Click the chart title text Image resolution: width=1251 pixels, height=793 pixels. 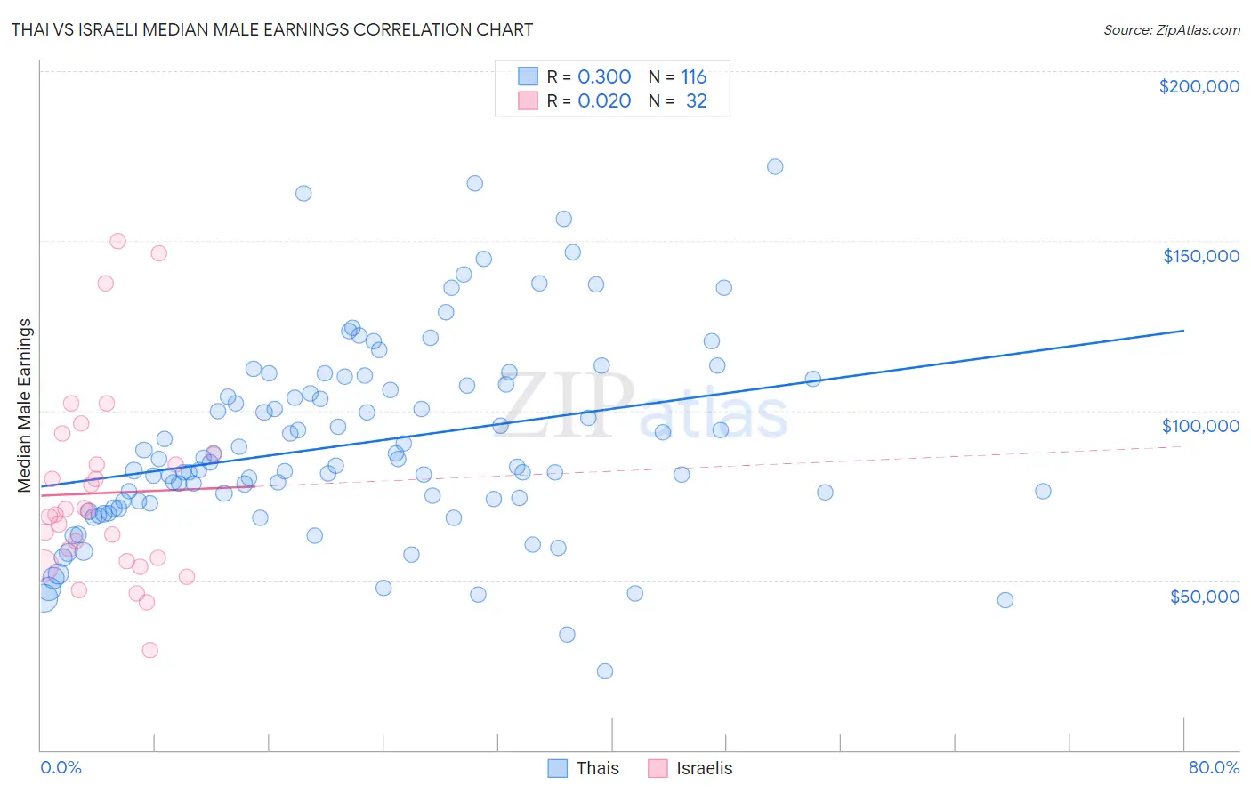click(272, 29)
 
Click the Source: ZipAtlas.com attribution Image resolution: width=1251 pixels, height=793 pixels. click(1171, 29)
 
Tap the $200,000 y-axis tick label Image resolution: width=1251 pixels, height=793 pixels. click(1199, 86)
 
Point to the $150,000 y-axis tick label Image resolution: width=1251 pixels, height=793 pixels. click(1200, 256)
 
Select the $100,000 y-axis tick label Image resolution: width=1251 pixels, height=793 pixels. click(1200, 426)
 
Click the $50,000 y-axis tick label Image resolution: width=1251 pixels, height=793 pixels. click(1204, 596)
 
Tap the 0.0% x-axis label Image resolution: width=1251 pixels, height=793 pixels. click(61, 767)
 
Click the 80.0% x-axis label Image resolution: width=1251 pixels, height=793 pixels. click(1214, 767)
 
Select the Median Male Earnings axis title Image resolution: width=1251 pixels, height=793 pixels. click(25, 405)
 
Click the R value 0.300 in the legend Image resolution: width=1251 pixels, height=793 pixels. click(604, 76)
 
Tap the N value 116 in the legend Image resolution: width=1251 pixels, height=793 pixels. click(693, 76)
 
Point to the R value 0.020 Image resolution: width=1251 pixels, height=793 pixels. click(604, 100)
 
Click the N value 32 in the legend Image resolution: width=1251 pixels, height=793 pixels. click(696, 100)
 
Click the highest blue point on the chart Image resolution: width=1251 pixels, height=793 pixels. click(775, 166)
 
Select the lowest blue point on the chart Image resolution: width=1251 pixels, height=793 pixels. click(605, 671)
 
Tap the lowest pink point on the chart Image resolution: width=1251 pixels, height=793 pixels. click(150, 650)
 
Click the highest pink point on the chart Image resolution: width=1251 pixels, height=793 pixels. click(117, 241)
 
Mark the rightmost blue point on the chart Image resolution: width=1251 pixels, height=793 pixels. click(1043, 492)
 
